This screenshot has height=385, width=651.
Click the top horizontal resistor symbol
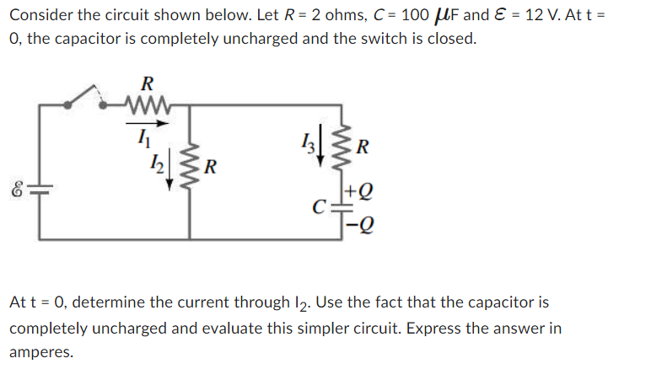coord(147,104)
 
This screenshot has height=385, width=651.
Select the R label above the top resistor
coord(147,83)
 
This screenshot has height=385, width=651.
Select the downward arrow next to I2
coord(169,161)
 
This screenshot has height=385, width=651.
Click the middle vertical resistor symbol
coord(189,161)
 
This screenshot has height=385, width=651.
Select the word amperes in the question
coord(40,352)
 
